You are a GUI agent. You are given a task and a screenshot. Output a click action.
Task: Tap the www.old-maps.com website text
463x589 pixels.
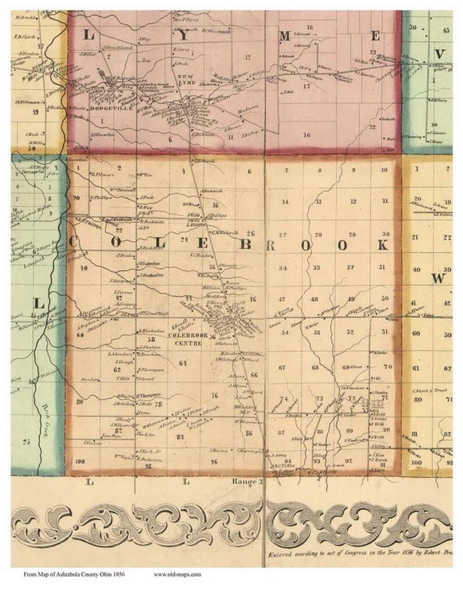pyautogui.click(x=177, y=574)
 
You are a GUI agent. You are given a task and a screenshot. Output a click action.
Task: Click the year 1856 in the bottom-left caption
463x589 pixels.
pyautogui.click(x=118, y=574)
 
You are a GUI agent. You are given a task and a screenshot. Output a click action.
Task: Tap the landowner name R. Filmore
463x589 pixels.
pyautogui.click(x=99, y=174)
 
